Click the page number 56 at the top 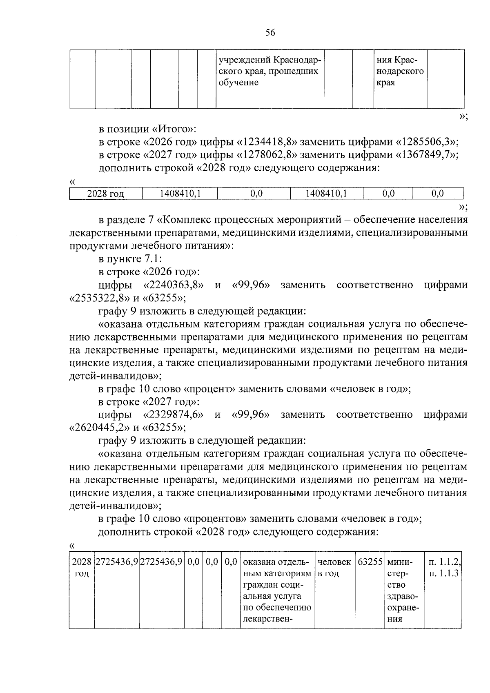pyautogui.click(x=270, y=33)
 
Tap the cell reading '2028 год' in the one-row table pyautogui.click(x=106, y=194)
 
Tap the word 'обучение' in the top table pyautogui.click(x=238, y=83)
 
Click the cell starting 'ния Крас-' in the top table pyautogui.click(x=400, y=71)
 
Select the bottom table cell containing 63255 pyautogui.click(x=370, y=562)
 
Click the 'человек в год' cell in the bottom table pyautogui.click(x=334, y=568)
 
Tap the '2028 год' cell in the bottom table pyautogui.click(x=82, y=568)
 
